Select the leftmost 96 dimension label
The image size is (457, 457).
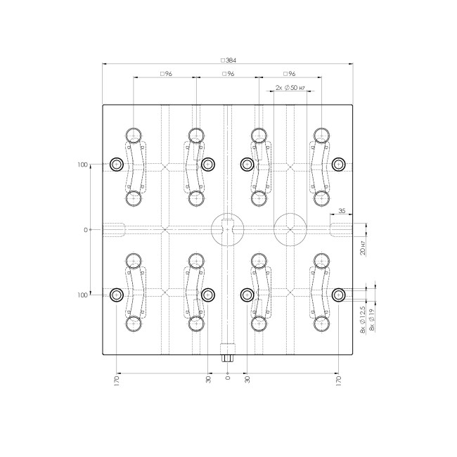pos(166,74)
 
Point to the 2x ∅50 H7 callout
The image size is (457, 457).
pos(290,87)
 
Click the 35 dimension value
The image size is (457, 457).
pos(342,210)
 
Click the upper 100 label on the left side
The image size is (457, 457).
pos(83,165)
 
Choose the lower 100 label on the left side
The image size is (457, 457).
pos(83,295)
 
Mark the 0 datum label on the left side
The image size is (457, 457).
pos(86,230)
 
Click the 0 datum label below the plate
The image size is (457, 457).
pos(227,378)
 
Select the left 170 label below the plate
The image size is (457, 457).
pos(117,380)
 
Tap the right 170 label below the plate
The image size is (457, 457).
pos(338,380)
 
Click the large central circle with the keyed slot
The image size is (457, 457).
pos(226,229)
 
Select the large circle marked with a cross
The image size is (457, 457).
pos(290,229)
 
